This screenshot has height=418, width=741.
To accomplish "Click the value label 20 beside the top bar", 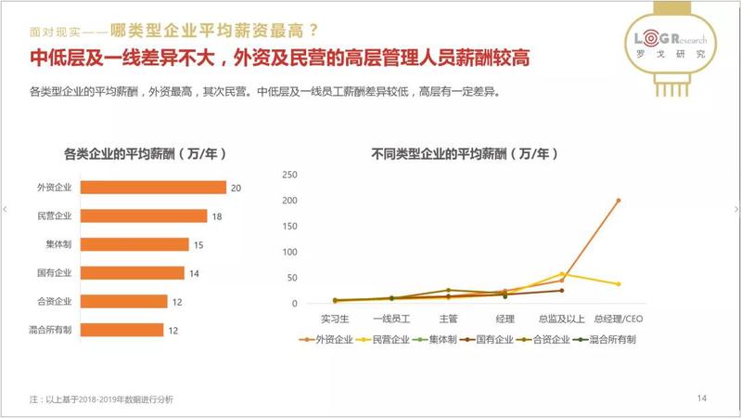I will coord(236,188).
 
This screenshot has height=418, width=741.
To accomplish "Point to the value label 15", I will coord(198,244).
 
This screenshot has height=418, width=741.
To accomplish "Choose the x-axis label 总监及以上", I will coord(562,319).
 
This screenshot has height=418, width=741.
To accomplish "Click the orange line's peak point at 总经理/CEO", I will coord(619,200).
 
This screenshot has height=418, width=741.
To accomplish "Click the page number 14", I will coord(702,398).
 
